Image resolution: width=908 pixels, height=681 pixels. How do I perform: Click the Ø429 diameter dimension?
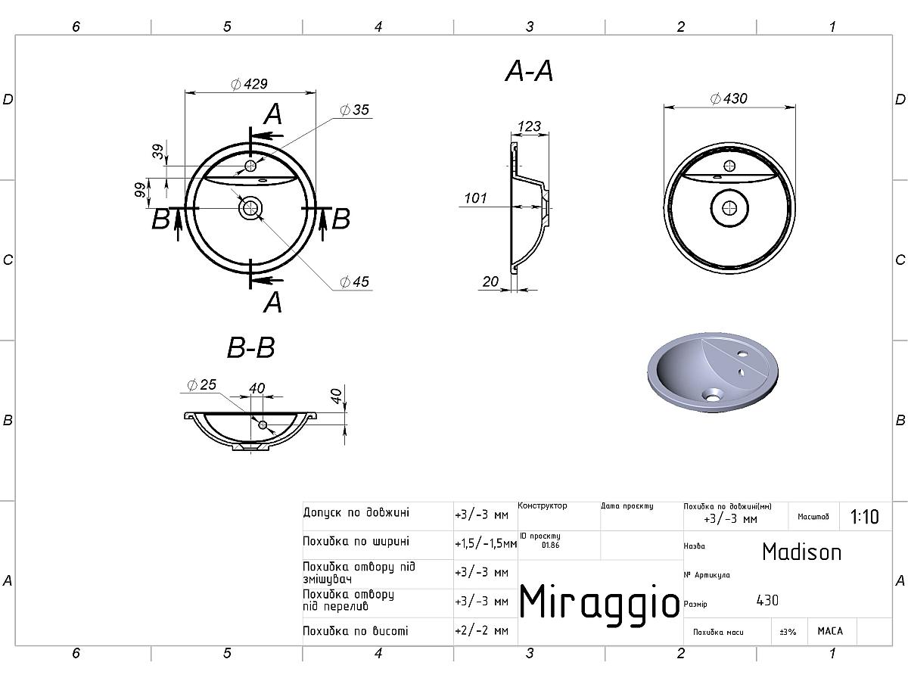[250, 84]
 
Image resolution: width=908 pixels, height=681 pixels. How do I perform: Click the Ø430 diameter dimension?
[729, 98]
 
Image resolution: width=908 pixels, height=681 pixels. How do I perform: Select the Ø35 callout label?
[355, 110]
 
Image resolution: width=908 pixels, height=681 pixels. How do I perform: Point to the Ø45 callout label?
[355, 281]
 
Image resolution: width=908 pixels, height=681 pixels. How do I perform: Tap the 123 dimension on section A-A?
[529, 126]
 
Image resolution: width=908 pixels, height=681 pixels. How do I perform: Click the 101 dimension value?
[475, 198]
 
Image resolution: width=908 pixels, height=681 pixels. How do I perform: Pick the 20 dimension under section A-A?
[490, 281]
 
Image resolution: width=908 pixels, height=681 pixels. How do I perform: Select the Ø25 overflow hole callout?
[201, 384]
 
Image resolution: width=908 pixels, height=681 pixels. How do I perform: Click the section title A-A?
[529, 71]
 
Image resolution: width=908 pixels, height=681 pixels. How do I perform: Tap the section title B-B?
[250, 347]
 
